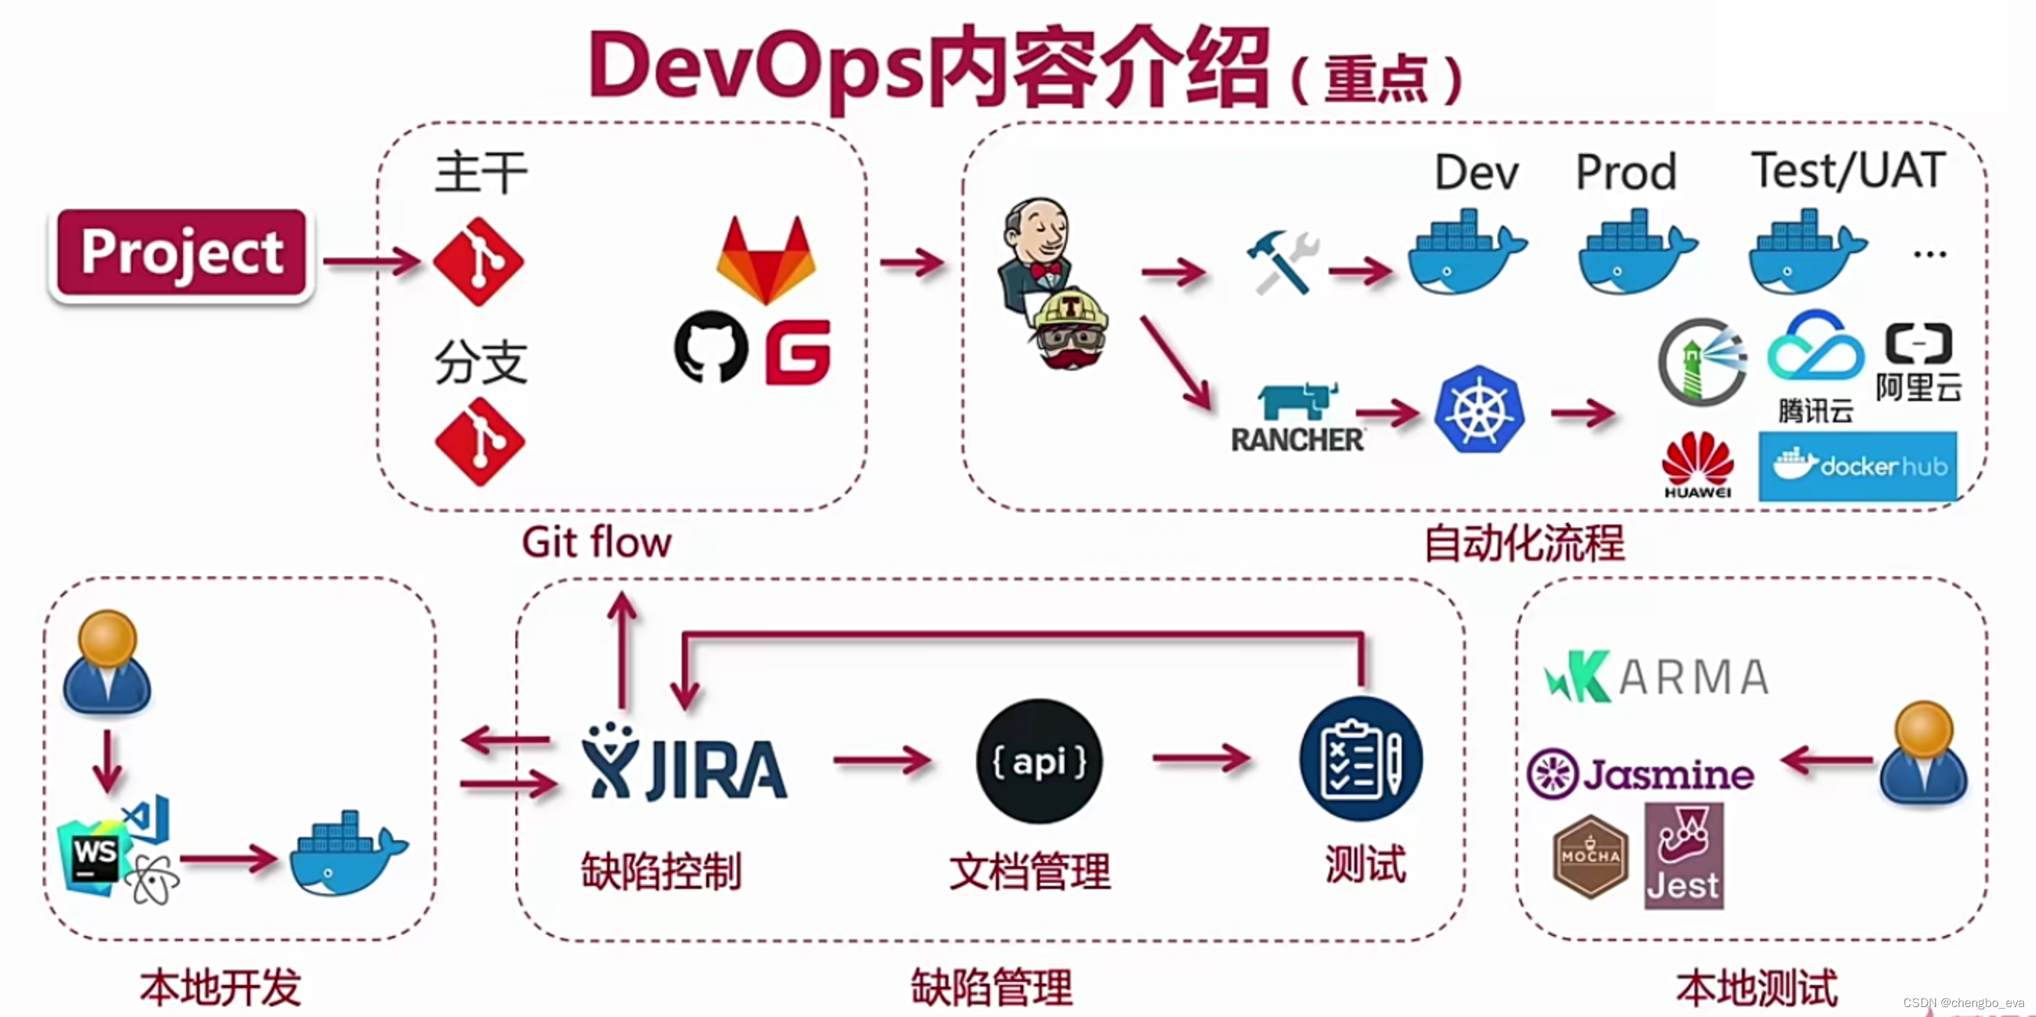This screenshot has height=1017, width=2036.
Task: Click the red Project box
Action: pos(181,253)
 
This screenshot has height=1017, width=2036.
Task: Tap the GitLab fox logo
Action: pos(765,261)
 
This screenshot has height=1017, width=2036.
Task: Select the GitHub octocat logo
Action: pos(711,347)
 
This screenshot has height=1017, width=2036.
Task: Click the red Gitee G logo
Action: pos(798,351)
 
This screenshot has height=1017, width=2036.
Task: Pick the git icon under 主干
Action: pos(479,262)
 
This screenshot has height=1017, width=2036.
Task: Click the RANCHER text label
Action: pos(1297,440)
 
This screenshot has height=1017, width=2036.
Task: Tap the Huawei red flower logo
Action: pos(1697,462)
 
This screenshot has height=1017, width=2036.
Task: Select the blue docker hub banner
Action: pos(1858,467)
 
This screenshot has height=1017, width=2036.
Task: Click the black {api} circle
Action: pos(1039,761)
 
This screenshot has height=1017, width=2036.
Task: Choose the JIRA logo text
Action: pos(685,766)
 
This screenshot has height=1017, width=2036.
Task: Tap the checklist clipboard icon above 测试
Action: pos(1360,759)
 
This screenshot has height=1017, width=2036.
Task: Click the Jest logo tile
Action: pos(1684,856)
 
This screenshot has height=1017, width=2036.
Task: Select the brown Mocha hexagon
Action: pos(1590,857)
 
